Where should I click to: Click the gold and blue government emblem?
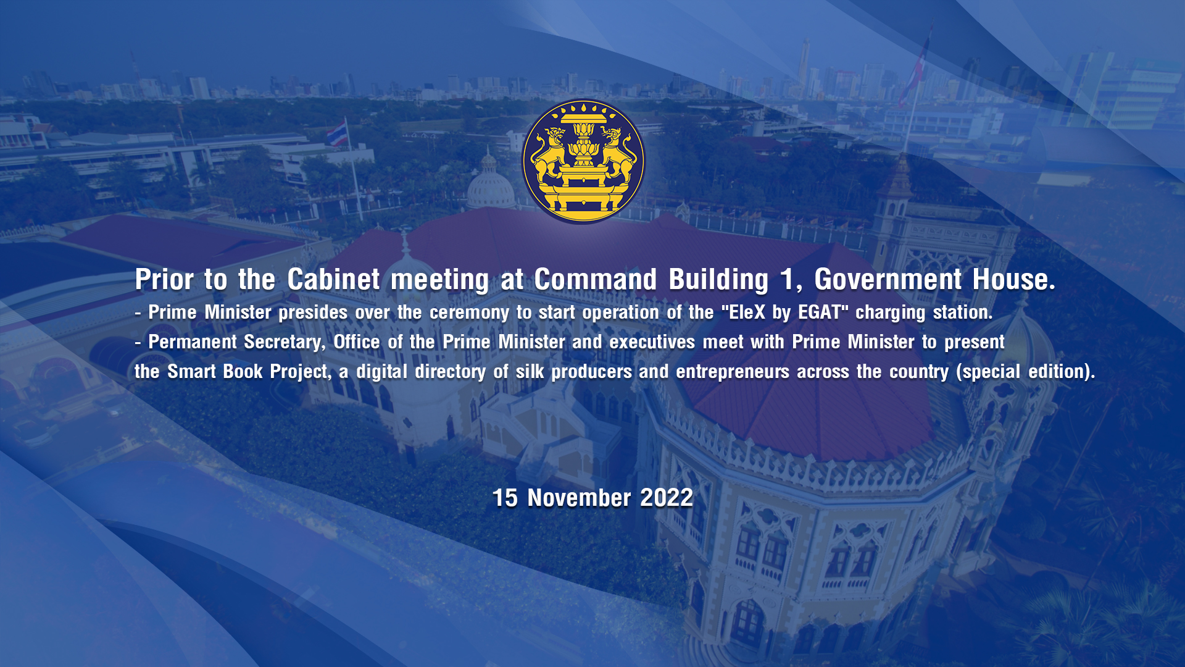583,161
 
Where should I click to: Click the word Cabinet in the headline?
333,279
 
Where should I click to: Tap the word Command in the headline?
596,279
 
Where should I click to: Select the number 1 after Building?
788,279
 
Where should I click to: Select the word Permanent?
193,342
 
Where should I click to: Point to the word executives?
652,342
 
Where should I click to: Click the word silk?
530,372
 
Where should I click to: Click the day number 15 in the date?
505,498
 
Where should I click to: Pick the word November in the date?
579,498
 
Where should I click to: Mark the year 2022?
667,498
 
